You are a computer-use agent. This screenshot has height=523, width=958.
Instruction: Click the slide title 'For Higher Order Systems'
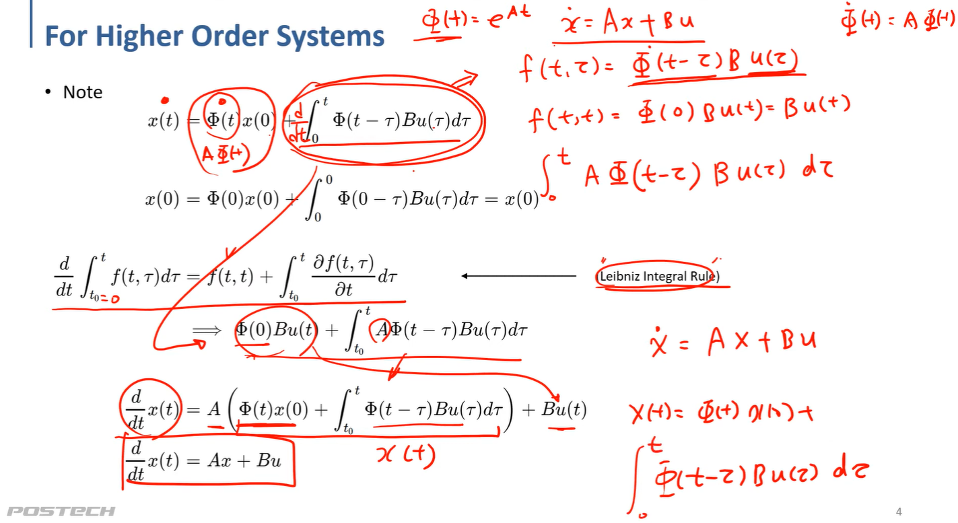pos(214,36)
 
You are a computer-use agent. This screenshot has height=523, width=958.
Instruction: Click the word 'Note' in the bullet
pos(82,92)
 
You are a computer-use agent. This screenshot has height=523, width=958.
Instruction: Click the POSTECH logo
pos(61,512)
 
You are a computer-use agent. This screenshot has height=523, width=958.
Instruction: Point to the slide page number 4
pos(899,512)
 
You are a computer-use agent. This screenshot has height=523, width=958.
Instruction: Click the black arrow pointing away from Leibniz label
pos(518,275)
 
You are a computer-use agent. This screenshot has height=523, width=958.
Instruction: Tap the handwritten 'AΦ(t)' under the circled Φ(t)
pos(224,154)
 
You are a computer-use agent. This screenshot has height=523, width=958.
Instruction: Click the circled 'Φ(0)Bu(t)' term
pos(275,330)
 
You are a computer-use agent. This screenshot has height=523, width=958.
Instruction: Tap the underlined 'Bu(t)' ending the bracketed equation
pos(563,410)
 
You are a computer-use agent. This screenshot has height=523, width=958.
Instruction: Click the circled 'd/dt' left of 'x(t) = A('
pos(137,410)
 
